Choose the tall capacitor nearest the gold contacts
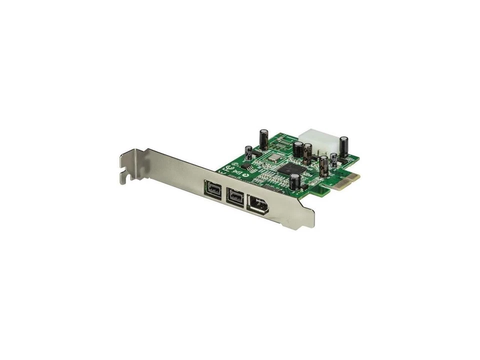pos(323,167)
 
